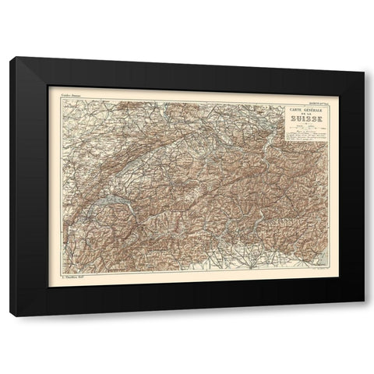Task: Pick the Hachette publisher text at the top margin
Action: pyautogui.click(x=310, y=94)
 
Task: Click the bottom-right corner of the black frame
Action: pyautogui.click(x=360, y=316)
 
